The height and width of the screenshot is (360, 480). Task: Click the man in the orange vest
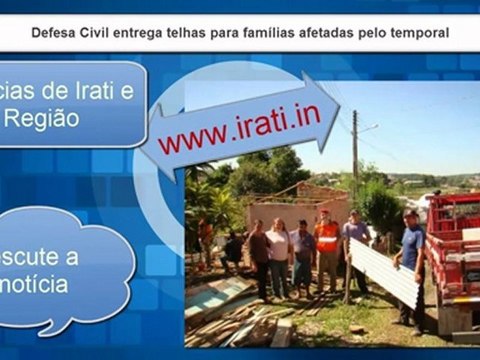326,250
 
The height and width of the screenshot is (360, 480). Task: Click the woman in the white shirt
278,255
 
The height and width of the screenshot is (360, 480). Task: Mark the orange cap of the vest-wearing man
324,213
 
